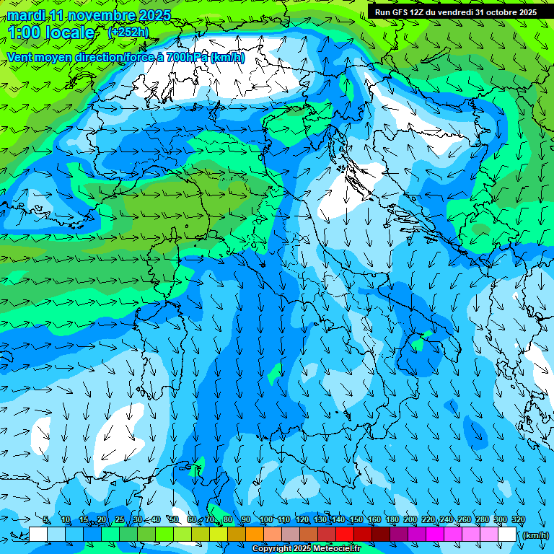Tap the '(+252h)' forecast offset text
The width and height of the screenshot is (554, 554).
point(128,32)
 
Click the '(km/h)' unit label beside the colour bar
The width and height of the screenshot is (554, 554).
point(535,535)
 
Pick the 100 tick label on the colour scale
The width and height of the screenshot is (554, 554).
point(266,520)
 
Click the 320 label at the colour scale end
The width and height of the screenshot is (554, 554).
point(518,520)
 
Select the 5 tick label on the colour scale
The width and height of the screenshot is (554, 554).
point(46,520)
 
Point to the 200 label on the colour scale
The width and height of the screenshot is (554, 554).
point(410,520)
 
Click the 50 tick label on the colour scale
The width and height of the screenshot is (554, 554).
point(174,520)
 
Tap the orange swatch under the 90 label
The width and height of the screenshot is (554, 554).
point(255,535)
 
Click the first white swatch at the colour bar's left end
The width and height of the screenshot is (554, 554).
point(38,535)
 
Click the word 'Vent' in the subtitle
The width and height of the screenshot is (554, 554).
point(20,57)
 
